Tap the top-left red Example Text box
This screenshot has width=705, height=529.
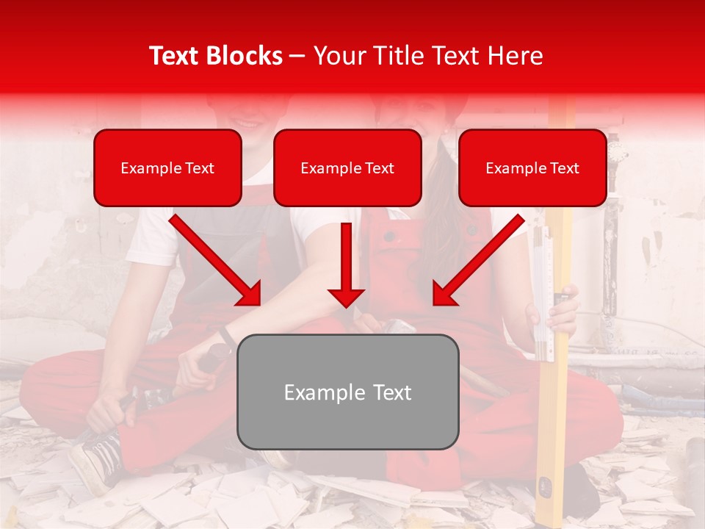click(167, 168)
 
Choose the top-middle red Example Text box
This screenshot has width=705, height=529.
click(347, 168)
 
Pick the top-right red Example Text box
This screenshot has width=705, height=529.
click(532, 168)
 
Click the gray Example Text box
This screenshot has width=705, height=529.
click(347, 392)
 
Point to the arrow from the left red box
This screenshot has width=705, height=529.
click(217, 261)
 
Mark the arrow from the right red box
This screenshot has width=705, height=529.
click(477, 261)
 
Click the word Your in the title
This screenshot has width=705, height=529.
click(336, 56)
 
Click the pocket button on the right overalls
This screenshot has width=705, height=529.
click(390, 237)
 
